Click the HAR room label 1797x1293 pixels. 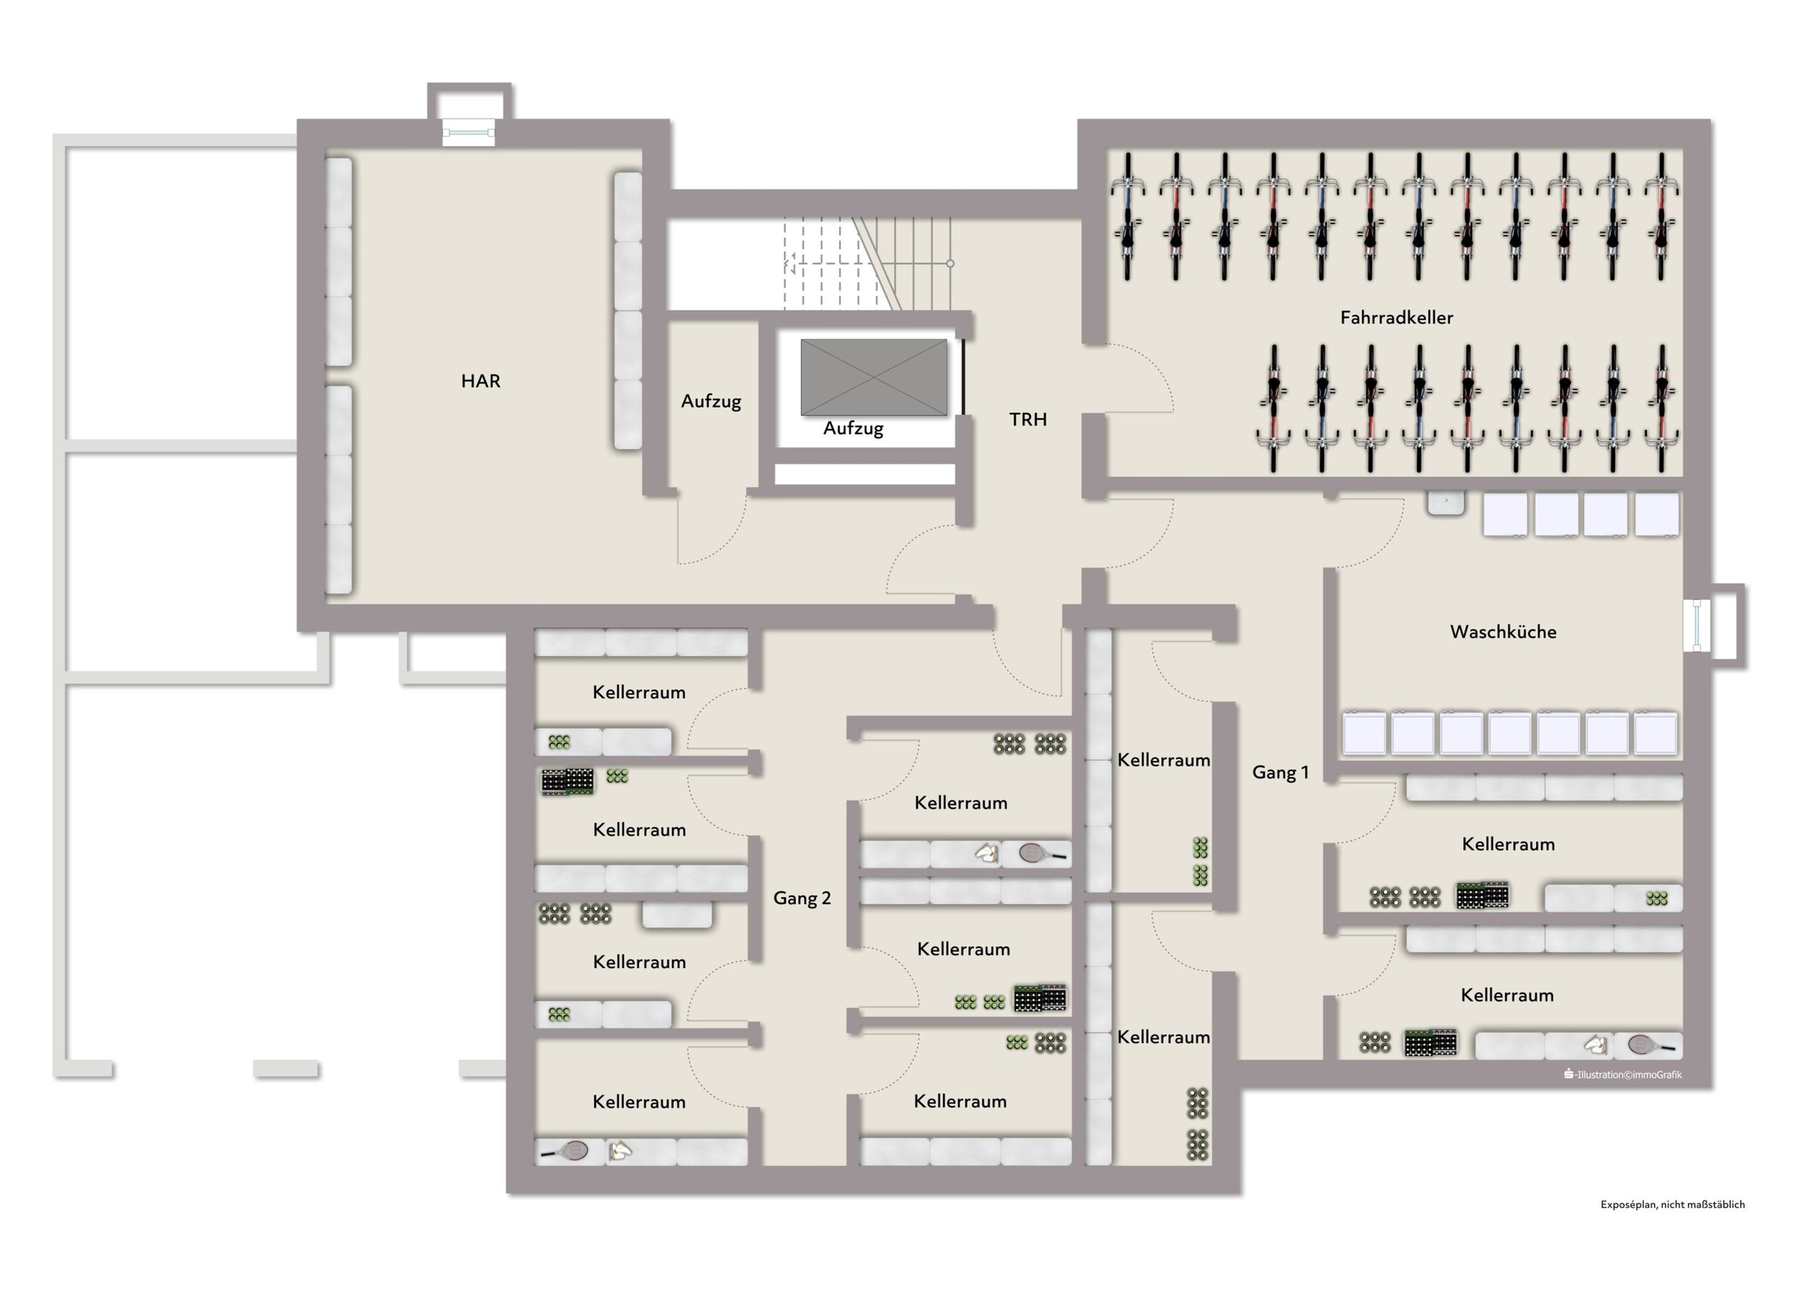(x=480, y=381)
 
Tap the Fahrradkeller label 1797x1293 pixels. (x=1396, y=318)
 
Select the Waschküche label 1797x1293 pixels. (x=1503, y=632)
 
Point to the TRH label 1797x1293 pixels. (x=1028, y=419)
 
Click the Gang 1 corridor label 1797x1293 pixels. (x=1280, y=773)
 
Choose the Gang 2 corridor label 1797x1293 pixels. (x=802, y=898)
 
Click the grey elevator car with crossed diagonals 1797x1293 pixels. (x=873, y=377)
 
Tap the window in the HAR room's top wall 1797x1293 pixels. (x=468, y=133)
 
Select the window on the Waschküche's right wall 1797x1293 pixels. (x=1696, y=626)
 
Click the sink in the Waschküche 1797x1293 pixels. (x=1446, y=504)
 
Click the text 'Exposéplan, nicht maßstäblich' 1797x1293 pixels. (x=1673, y=1205)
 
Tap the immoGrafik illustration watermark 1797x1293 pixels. (x=1622, y=1075)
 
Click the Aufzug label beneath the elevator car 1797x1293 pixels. (x=852, y=428)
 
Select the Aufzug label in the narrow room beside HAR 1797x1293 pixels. (x=711, y=402)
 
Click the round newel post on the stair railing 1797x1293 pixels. (x=950, y=263)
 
